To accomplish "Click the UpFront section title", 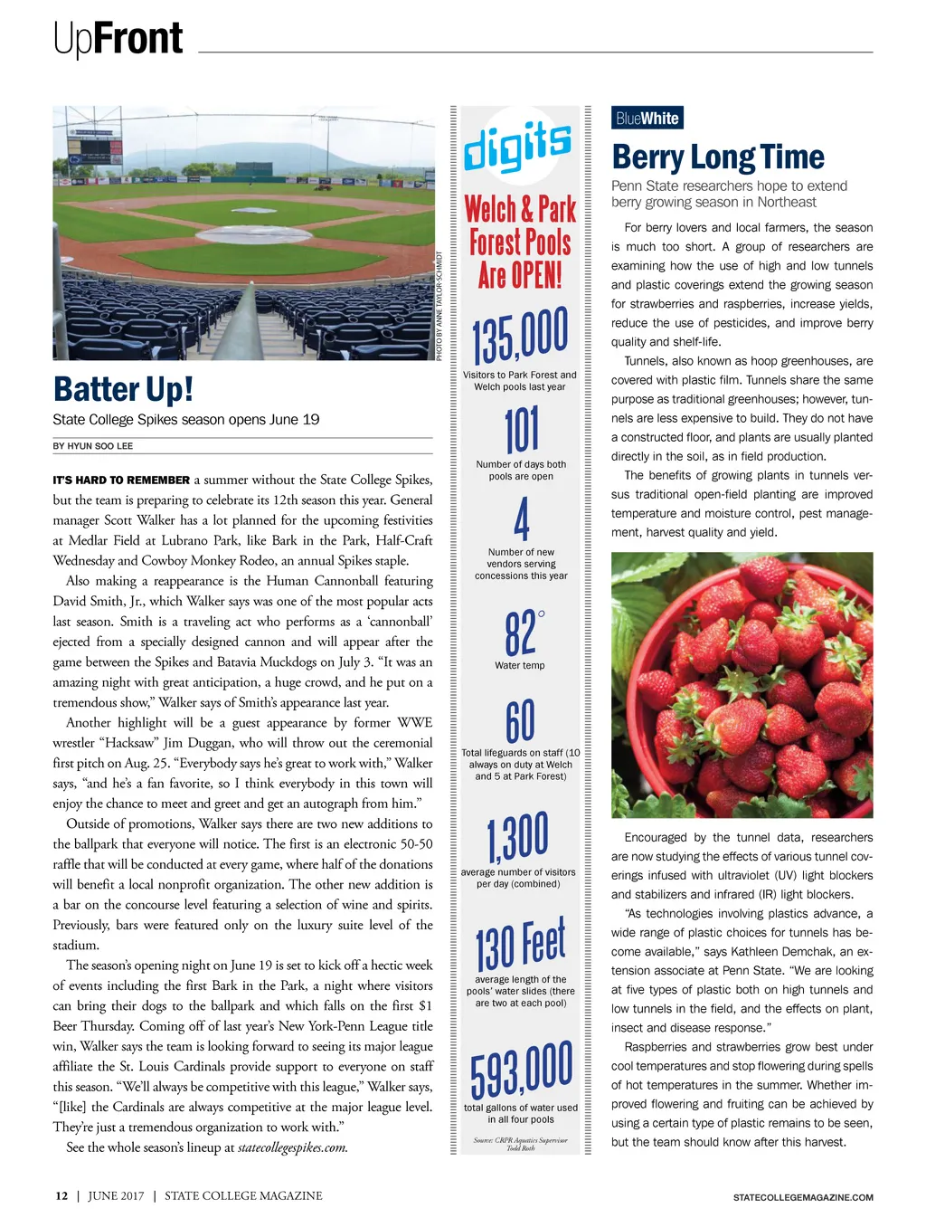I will click(118, 38).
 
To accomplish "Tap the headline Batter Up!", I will click(123, 389).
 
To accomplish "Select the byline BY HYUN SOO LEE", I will click(93, 446).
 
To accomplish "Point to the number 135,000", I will click(520, 336).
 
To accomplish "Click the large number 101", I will click(522, 430).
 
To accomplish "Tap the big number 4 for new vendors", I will click(522, 519).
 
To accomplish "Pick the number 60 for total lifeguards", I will click(520, 721).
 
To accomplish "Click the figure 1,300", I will click(518, 837).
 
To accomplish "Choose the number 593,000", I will click(521, 1070).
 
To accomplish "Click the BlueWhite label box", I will click(647, 119).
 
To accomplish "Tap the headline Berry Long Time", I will click(718, 157).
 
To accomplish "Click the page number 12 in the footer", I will click(61, 1195).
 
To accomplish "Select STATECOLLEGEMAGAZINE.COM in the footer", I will click(803, 1197).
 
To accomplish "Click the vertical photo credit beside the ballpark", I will click(439, 306).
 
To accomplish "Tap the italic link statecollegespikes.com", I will click(292, 1147).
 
